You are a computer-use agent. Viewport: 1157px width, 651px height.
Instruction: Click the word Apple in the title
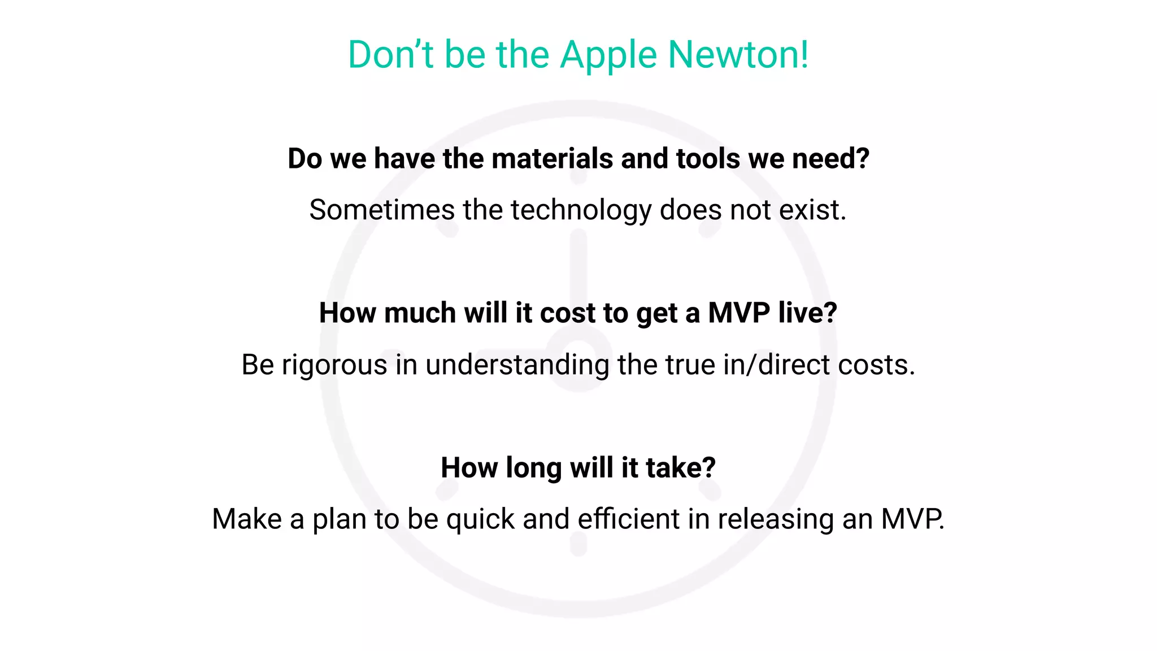608,56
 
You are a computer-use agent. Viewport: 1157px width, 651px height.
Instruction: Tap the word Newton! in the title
738,55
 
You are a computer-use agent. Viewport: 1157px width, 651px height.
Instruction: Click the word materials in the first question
552,158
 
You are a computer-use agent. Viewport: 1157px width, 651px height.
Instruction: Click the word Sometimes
382,210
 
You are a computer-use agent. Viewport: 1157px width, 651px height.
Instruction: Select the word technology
581,210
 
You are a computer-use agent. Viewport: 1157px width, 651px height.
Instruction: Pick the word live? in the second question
807,313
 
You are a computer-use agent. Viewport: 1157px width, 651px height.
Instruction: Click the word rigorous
334,365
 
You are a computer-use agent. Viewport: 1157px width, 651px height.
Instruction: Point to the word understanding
517,365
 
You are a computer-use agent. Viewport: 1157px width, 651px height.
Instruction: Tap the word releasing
775,519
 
